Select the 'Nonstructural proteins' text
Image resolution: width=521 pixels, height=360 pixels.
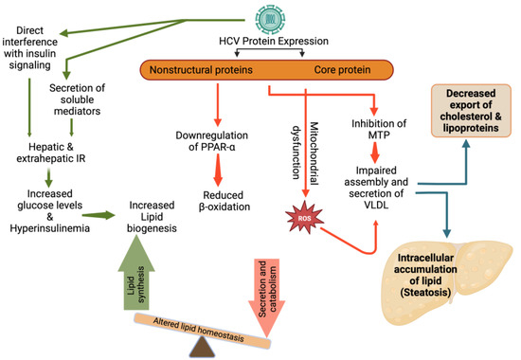point(222,69)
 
